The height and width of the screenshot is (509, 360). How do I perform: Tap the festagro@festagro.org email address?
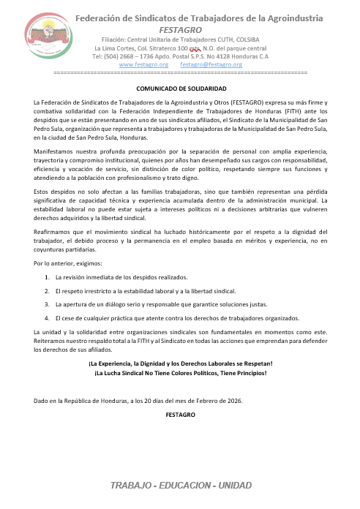tap(211, 64)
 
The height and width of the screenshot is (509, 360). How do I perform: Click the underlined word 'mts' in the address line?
tap(195, 48)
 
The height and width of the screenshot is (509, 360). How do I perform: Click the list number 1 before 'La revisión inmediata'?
tap(47, 277)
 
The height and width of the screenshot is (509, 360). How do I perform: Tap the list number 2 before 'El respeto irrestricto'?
tap(47, 291)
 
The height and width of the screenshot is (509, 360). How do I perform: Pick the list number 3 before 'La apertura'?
tap(47, 304)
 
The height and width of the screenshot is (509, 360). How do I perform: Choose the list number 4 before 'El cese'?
tap(47, 318)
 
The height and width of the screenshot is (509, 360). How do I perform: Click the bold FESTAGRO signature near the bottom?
tap(180, 415)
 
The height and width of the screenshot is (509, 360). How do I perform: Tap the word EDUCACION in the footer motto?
tap(184, 486)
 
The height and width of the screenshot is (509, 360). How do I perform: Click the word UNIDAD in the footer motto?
tap(234, 486)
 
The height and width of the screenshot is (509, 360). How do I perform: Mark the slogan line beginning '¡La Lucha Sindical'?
tap(180, 374)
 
